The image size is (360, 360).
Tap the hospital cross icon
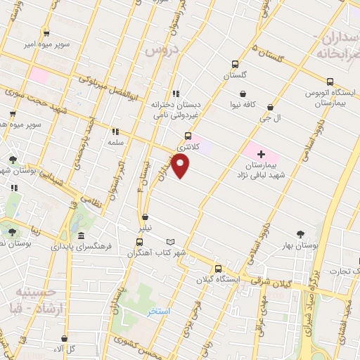(261, 153)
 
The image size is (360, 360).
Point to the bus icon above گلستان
(236, 62)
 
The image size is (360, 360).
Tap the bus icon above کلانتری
(188, 136)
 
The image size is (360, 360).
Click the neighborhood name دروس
(160, 51)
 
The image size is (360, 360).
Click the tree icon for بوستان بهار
(302, 233)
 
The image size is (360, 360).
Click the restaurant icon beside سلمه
(115, 131)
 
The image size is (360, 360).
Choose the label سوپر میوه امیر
(46, 44)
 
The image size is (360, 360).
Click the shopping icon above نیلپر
(144, 217)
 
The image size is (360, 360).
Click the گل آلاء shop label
(65, 349)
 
